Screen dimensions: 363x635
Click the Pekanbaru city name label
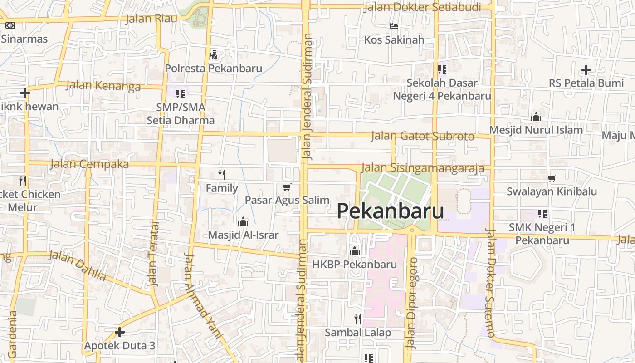coord(390,211)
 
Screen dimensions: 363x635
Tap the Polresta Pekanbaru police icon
coord(213,55)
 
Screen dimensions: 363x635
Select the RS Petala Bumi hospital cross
coord(586,70)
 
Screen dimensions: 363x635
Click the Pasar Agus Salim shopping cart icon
coord(287,187)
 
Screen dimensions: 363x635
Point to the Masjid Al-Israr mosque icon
coord(243,222)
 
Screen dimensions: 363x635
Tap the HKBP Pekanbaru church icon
coord(355,251)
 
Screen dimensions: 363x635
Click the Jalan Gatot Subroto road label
coord(422,136)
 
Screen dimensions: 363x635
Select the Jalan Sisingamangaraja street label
coord(423,168)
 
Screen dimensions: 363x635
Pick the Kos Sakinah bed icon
coord(394,26)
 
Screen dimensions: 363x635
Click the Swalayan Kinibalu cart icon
coord(552,178)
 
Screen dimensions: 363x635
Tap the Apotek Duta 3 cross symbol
coord(120,332)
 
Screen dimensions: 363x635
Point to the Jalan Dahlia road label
coord(78,265)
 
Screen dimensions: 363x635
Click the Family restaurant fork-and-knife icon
coord(222,174)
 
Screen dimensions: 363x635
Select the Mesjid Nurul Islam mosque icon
coord(536,117)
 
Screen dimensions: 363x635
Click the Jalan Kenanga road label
coord(103,85)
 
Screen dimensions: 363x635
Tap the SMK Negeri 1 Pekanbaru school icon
coord(542,214)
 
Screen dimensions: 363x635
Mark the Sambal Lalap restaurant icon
coord(358,319)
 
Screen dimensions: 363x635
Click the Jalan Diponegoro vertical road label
coord(412,303)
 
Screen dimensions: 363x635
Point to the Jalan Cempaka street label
coord(89,164)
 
